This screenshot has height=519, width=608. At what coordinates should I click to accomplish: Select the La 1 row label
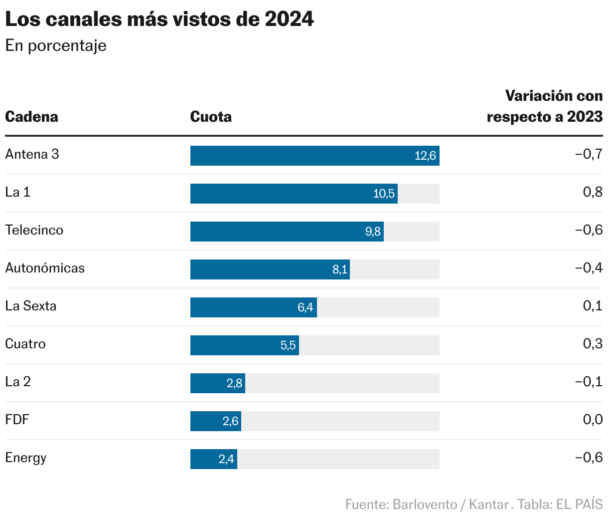point(18,192)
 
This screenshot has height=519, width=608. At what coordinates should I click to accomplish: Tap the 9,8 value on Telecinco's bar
point(373,232)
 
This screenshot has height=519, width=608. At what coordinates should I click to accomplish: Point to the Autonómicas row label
point(45,268)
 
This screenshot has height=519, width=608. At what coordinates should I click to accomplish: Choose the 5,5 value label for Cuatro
point(288,345)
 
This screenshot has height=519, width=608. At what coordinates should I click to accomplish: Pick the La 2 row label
point(18,382)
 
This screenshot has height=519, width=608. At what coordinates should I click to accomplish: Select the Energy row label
point(26,458)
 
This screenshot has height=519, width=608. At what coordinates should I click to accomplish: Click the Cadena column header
point(31,117)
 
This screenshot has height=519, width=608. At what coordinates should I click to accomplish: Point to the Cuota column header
point(211,117)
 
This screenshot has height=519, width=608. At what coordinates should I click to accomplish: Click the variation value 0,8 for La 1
point(593,192)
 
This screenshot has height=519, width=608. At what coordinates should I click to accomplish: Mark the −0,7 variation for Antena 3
point(589,154)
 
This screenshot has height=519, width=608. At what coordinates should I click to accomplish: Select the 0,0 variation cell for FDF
point(593,420)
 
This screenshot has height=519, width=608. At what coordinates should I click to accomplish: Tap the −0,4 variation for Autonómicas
point(589,268)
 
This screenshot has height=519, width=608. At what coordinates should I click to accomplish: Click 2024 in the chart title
point(290,19)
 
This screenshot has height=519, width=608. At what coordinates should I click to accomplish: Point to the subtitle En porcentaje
point(56,45)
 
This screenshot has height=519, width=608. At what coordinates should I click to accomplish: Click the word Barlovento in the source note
point(425,504)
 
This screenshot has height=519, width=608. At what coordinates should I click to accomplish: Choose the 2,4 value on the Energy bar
point(226,459)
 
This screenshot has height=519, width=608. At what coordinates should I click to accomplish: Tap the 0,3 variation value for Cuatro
point(593,344)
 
